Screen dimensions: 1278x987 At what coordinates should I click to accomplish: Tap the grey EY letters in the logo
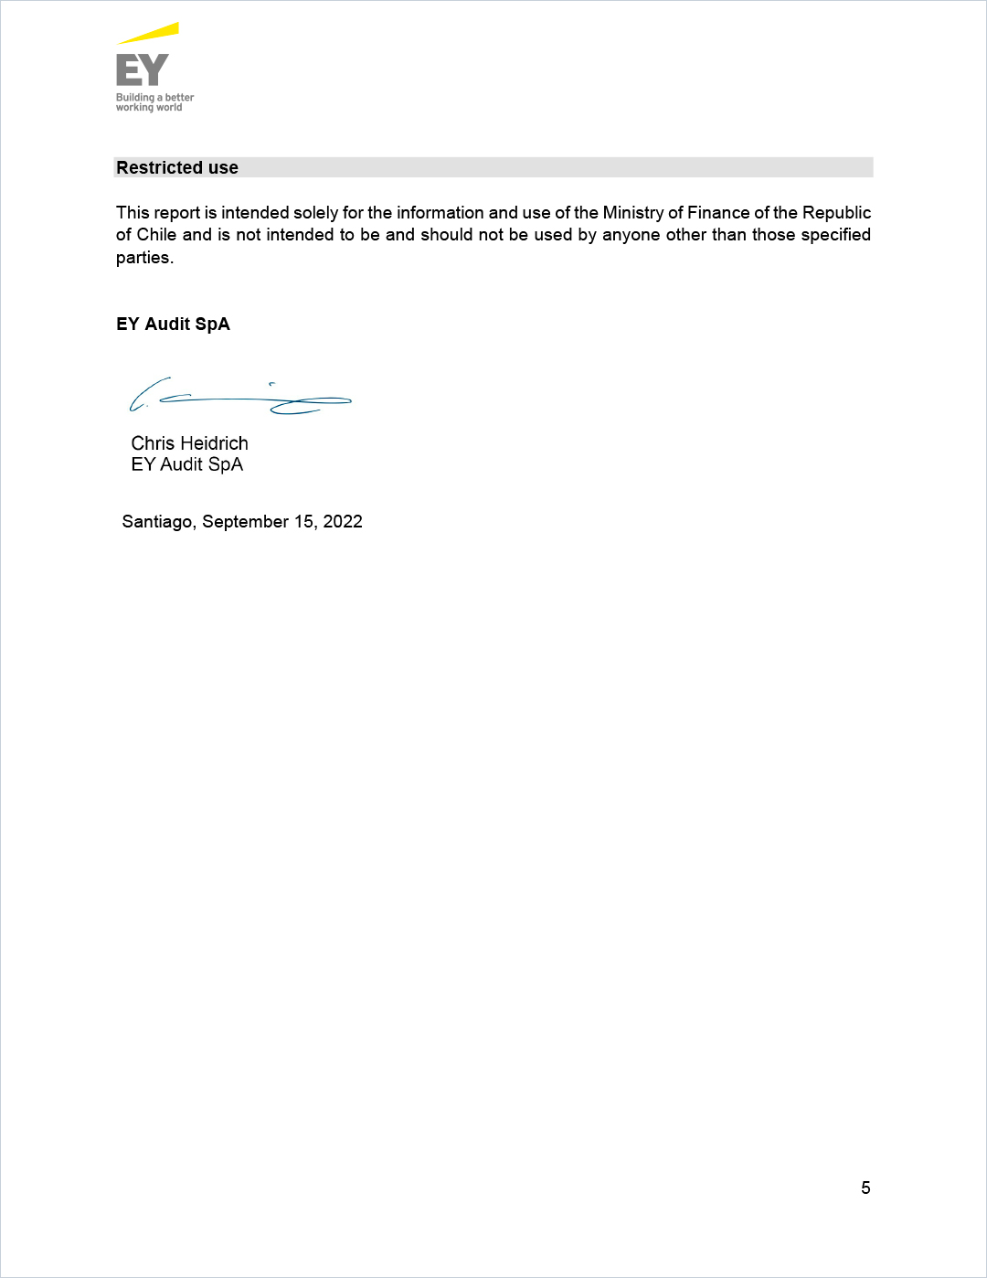tap(143, 69)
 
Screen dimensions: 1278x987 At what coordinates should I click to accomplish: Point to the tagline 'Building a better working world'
tap(154, 102)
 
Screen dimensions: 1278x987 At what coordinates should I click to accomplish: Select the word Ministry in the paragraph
tap(632, 213)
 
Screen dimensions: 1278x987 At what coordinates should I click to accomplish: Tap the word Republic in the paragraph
tap(836, 213)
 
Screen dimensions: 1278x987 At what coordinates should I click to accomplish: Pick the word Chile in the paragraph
tap(156, 235)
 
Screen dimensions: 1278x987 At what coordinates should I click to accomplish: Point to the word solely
tap(315, 213)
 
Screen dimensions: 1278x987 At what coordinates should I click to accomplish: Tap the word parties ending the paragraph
tap(143, 258)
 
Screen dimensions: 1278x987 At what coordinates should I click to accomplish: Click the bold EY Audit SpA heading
tap(173, 325)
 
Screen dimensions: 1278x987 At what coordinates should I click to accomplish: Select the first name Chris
tap(153, 443)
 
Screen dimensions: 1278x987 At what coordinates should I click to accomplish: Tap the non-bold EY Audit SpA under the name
tap(186, 464)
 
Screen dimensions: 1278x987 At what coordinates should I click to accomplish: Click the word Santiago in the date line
tap(157, 522)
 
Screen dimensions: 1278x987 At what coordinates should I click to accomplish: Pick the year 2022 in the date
tap(343, 522)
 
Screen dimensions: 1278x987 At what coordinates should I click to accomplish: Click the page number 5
tap(865, 1187)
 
